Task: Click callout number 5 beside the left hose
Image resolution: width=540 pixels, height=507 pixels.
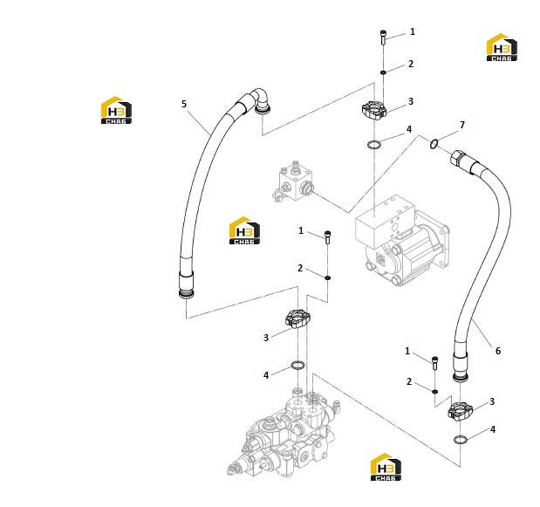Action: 184,104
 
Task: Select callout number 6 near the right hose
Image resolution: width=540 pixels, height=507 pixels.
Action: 498,351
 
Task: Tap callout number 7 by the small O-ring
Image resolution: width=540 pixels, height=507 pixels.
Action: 462,125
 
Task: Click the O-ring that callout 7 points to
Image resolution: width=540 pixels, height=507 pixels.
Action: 434,144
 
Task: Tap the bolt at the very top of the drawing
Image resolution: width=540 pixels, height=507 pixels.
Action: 383,38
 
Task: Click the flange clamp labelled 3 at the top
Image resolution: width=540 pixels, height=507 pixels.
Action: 374,110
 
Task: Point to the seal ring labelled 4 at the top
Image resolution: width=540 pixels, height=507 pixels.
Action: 374,144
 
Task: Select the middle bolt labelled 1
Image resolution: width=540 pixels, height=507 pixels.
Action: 327,237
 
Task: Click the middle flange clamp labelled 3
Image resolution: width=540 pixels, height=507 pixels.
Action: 297,319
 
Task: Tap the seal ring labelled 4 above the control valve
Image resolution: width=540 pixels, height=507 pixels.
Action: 297,365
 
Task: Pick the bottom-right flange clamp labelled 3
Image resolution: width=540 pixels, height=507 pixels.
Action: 461,411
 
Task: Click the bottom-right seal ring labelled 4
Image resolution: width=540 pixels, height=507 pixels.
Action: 460,440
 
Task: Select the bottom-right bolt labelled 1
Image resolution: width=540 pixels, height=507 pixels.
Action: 435,363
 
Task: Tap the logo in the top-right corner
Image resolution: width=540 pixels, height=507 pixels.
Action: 502,47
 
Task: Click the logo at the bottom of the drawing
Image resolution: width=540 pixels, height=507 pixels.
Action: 386,467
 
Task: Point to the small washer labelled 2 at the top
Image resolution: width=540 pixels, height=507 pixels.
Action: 383,72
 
